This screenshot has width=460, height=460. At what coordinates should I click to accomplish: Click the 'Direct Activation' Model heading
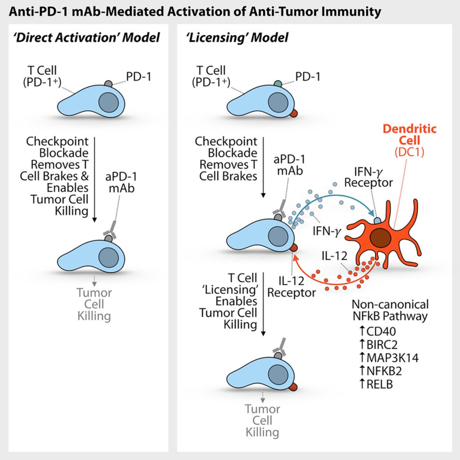pos(86,38)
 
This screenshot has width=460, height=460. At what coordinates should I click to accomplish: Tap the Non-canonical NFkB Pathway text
pos(390,310)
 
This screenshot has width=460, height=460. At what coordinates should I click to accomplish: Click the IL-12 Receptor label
pos(291,287)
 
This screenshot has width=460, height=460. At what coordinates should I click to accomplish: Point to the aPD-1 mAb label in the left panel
pos(120,182)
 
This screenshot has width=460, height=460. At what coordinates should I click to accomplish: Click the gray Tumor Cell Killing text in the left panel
pos(94,304)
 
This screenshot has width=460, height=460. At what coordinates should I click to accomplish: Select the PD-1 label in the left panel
pos(139,77)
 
